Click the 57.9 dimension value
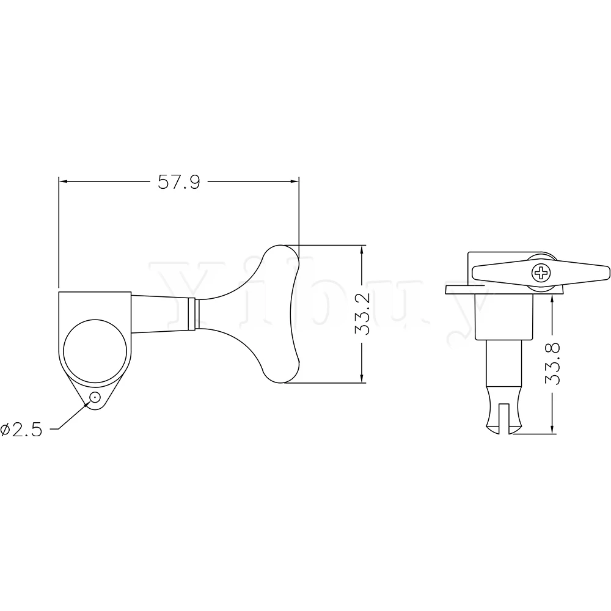click(x=179, y=182)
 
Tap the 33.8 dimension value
click(x=552, y=364)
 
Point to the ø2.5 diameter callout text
click(x=21, y=430)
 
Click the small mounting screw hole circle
click(x=95, y=398)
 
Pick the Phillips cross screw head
click(x=541, y=273)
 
